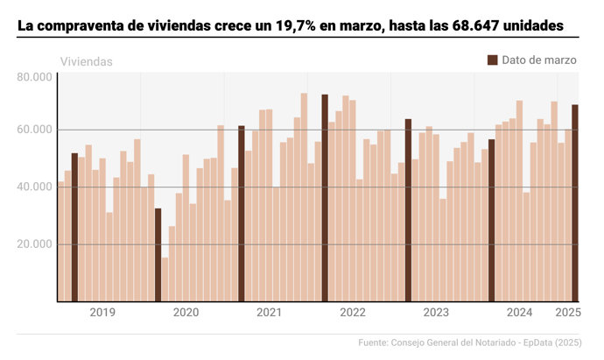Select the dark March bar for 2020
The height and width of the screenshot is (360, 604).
click(x=158, y=255)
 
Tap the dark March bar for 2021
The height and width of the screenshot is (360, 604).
click(x=242, y=214)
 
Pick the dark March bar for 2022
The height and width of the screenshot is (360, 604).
click(x=325, y=198)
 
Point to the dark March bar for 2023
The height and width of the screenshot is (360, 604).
click(x=408, y=210)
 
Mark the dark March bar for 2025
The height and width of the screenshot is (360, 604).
click(x=575, y=203)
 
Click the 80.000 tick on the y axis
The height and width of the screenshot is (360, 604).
click(x=35, y=77)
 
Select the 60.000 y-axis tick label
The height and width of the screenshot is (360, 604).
click(x=35, y=131)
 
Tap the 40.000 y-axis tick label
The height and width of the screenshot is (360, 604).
click(x=35, y=187)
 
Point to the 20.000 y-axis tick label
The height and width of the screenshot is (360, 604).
click(x=35, y=244)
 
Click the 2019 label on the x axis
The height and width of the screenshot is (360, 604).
click(x=102, y=313)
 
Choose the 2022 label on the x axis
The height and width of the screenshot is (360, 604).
click(x=353, y=313)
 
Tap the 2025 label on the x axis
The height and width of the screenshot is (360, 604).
click(x=568, y=313)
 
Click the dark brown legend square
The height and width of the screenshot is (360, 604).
click(x=492, y=60)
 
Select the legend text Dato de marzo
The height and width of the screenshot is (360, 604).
click(x=539, y=60)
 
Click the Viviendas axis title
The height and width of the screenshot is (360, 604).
click(x=86, y=62)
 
